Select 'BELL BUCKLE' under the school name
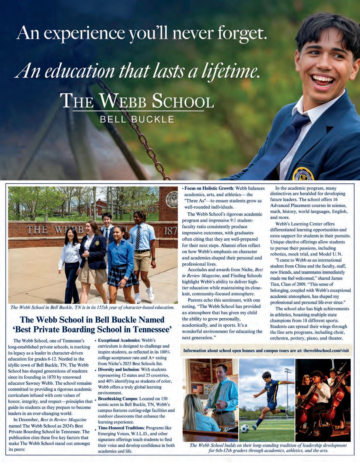137,119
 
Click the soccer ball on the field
245,428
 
